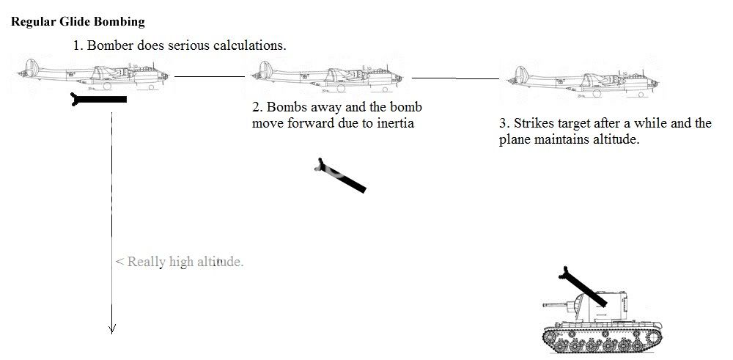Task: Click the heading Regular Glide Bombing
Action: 78,21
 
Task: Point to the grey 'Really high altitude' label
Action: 180,262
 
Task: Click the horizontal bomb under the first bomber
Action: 99,99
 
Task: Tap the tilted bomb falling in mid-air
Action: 340,175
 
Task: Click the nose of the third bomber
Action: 654,84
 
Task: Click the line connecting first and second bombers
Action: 210,76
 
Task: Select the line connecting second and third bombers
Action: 455,78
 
